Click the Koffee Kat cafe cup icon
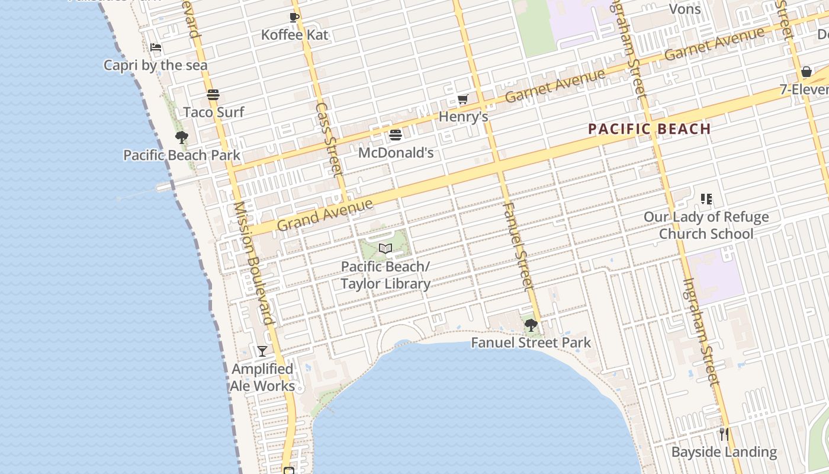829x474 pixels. (x=294, y=17)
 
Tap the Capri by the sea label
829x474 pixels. (x=156, y=65)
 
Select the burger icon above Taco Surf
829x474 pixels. (x=213, y=95)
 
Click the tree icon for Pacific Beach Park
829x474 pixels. (x=182, y=138)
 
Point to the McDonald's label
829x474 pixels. (x=396, y=153)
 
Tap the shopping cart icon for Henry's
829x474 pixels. (x=463, y=99)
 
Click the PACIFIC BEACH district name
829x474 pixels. (x=649, y=129)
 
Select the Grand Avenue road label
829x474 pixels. (x=325, y=215)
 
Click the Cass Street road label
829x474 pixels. (x=329, y=140)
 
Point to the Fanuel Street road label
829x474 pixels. (x=519, y=246)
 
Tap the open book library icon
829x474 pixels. (x=385, y=248)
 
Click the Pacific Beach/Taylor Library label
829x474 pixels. (x=385, y=275)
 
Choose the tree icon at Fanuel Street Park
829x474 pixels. (x=531, y=325)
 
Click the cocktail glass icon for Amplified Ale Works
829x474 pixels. (x=262, y=351)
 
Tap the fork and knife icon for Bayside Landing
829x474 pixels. (x=724, y=434)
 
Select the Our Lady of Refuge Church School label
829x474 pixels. (x=706, y=225)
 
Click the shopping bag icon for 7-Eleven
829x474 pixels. (x=806, y=72)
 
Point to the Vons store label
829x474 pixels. (x=685, y=9)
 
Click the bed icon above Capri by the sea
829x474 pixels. (x=156, y=47)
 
